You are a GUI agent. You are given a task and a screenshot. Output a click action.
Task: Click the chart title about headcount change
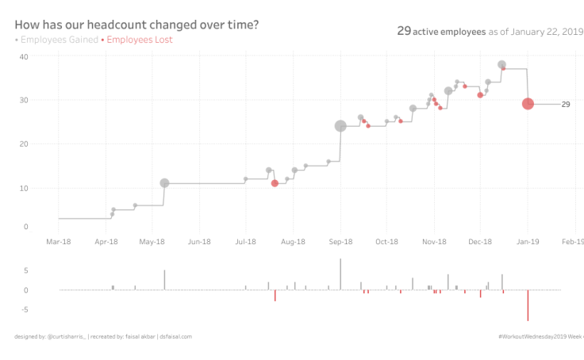click(136, 25)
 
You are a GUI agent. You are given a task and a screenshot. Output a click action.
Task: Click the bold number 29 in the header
click(403, 31)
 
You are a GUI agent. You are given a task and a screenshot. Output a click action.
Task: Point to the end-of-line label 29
click(566, 104)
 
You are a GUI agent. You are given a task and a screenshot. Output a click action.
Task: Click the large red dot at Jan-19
click(528, 104)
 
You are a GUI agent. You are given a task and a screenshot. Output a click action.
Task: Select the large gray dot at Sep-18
click(340, 126)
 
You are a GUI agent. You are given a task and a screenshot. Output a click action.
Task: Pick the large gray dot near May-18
click(164, 183)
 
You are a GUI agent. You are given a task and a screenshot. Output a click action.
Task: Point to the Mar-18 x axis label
click(59, 241)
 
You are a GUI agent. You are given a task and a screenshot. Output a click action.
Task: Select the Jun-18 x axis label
click(199, 241)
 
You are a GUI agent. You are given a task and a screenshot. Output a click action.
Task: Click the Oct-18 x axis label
click(386, 241)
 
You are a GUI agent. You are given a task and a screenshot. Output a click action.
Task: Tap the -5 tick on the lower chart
click(25, 309)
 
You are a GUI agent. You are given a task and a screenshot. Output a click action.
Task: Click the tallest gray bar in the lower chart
click(340, 274)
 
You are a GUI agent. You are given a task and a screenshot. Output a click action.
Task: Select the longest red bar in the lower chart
click(528, 305)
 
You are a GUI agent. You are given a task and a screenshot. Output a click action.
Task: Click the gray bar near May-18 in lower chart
click(164, 280)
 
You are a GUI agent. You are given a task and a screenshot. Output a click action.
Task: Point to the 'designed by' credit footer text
click(103, 336)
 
